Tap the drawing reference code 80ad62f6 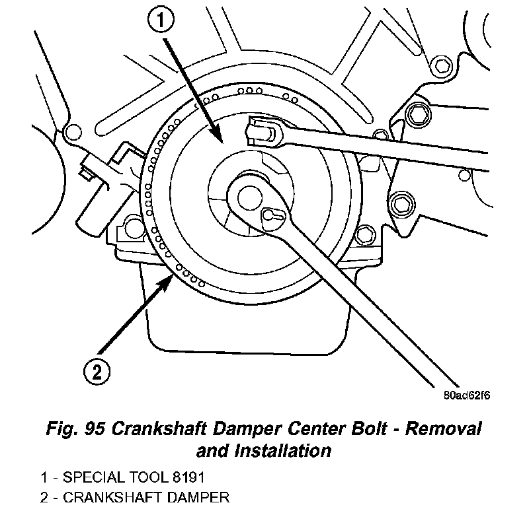(467, 397)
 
